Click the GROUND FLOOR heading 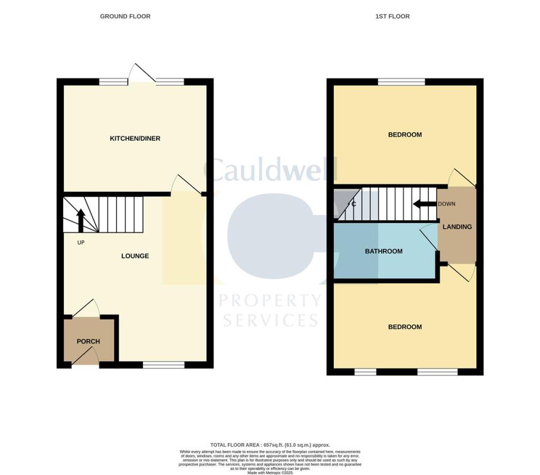pyautogui.click(x=125, y=16)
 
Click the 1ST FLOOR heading pyautogui.click(x=392, y=16)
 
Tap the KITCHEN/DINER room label pyautogui.click(x=135, y=139)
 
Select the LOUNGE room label pyautogui.click(x=135, y=256)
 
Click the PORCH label pyautogui.click(x=88, y=342)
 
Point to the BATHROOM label pyautogui.click(x=384, y=251)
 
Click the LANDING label pyautogui.click(x=457, y=227)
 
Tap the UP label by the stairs pyautogui.click(x=81, y=243)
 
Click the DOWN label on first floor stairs pyautogui.click(x=446, y=204)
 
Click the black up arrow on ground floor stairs pyautogui.click(x=81, y=220)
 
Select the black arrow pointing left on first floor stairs pyautogui.click(x=424, y=204)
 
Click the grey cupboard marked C pyautogui.click(x=344, y=204)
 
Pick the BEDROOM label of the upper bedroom pyautogui.click(x=405, y=135)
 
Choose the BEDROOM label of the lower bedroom pyautogui.click(x=405, y=327)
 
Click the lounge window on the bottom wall pyautogui.click(x=163, y=365)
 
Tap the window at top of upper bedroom pyautogui.click(x=402, y=82)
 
